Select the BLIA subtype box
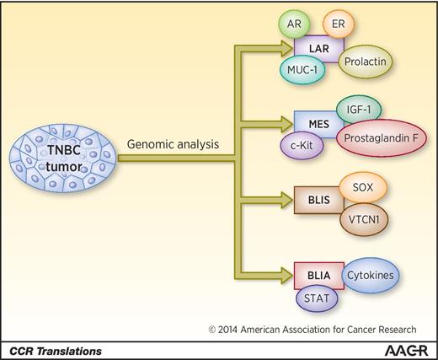[x=318, y=277]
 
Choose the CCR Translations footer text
[x=52, y=349]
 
